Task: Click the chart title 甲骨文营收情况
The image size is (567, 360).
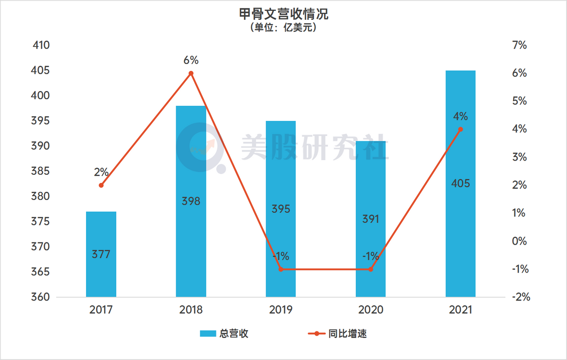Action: (x=283, y=14)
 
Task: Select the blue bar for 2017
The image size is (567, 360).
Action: (x=101, y=236)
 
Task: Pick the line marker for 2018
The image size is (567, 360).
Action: (x=191, y=73)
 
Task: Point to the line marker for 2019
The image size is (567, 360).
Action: (x=281, y=269)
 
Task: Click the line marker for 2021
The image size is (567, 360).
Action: (x=460, y=129)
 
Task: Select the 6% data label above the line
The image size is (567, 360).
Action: (x=191, y=60)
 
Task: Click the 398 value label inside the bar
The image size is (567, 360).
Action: (x=191, y=201)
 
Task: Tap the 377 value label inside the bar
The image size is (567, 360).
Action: (x=101, y=255)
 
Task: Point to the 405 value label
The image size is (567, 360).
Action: (x=460, y=183)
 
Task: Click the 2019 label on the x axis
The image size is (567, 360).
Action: (x=281, y=310)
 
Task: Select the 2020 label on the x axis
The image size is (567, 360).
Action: (x=370, y=310)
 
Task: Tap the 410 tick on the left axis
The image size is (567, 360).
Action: (x=41, y=46)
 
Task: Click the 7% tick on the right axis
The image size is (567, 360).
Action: (x=519, y=46)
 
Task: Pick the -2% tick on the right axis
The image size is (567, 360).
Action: (x=519, y=297)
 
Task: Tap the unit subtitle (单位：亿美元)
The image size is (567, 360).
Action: (x=283, y=28)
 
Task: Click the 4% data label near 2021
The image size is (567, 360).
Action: (x=460, y=116)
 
